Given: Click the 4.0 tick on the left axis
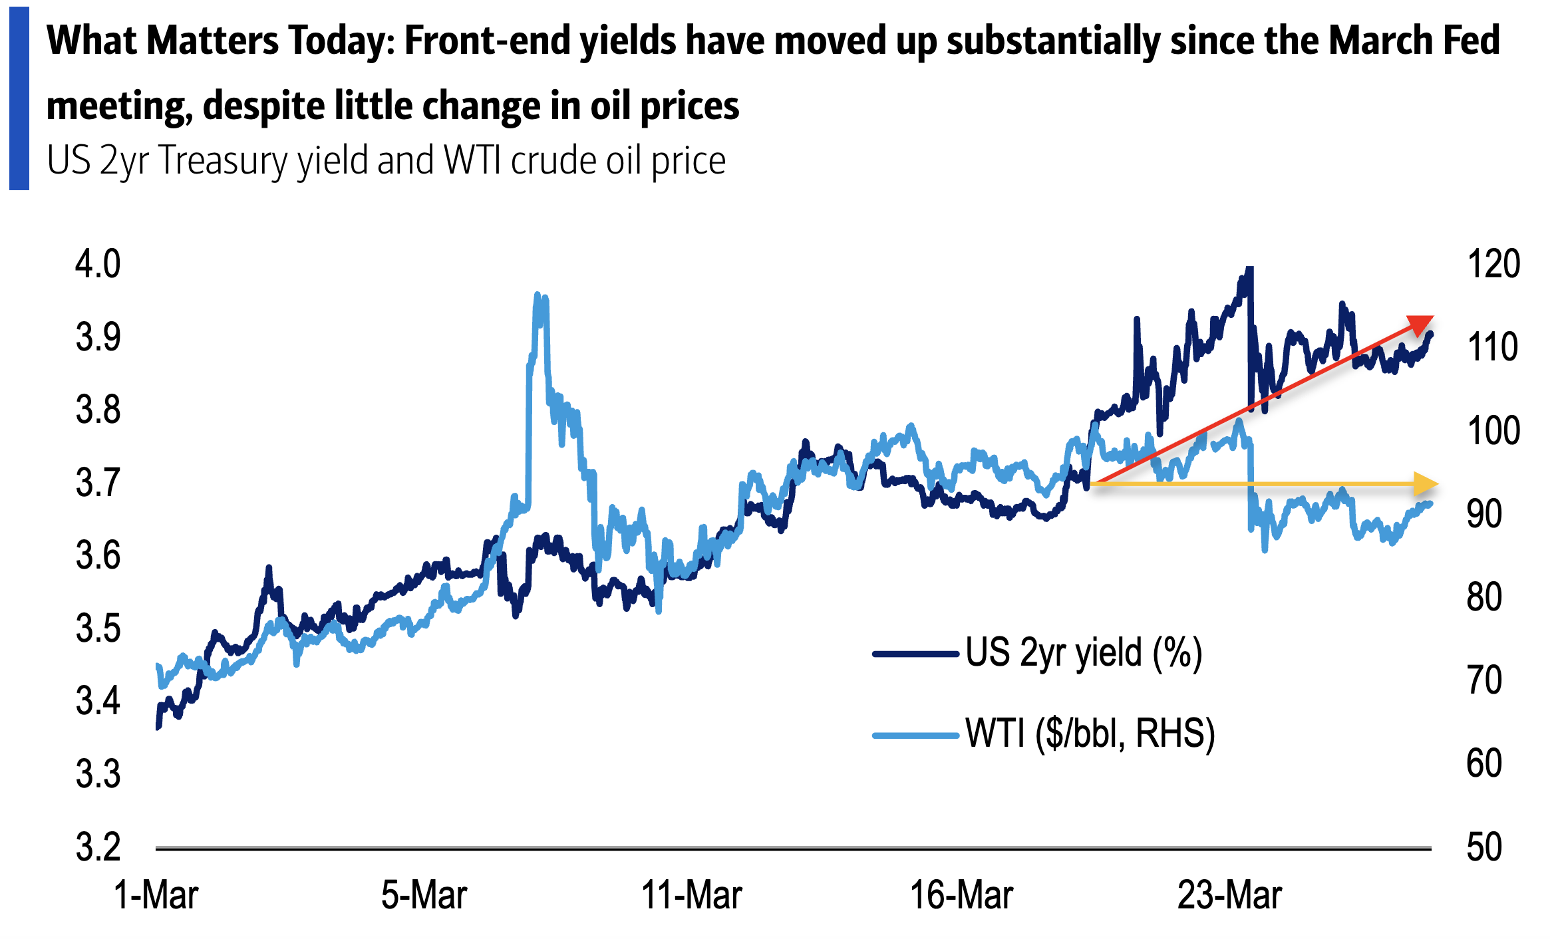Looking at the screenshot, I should tap(98, 264).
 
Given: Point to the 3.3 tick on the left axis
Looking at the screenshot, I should tap(98, 774).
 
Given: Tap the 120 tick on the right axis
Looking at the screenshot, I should tap(1493, 264).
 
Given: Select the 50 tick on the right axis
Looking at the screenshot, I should tap(1484, 847).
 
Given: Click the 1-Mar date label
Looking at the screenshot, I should tap(156, 895).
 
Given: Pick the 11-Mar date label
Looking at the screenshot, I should tap(691, 895).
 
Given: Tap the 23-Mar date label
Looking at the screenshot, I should tap(1229, 895).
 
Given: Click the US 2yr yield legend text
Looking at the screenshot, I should tap(1084, 653).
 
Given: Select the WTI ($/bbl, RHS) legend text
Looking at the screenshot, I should tap(1090, 734).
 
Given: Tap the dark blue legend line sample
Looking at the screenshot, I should tap(915, 654).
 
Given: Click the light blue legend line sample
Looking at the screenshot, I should tap(915, 735).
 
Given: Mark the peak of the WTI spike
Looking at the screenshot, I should tap(538, 295).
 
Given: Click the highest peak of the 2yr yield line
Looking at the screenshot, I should tap(1249, 269).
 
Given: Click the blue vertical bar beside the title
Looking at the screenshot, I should tap(19, 98).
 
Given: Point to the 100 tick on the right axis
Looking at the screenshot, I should tap(1493, 431).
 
